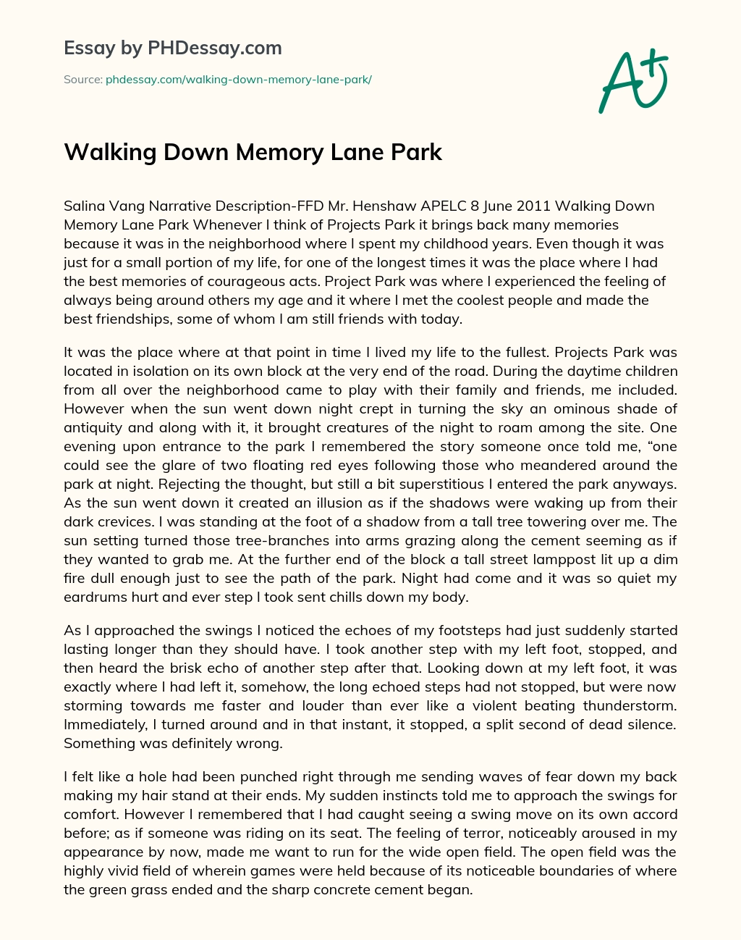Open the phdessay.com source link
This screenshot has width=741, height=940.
239,80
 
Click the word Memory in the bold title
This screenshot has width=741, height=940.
278,153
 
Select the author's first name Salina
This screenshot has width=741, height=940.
83,206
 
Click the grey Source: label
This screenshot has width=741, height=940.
82,80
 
